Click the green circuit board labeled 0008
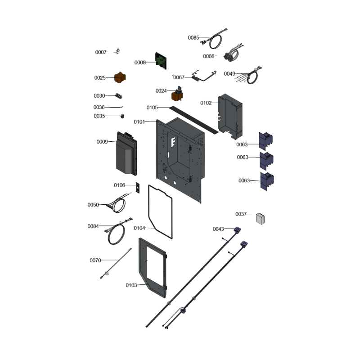point(161,61)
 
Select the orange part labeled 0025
point(120,77)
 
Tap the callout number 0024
point(161,91)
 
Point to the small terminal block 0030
point(119,96)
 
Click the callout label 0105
point(152,108)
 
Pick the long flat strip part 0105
point(194,120)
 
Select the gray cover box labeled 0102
point(230,117)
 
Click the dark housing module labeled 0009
point(126,153)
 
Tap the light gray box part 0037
point(260,219)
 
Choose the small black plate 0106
point(138,188)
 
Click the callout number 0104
point(139,228)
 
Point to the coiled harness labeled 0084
point(117,231)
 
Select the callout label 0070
point(95,261)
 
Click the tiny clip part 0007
point(118,51)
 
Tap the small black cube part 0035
point(122,116)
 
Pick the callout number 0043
point(218,229)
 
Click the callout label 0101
point(139,122)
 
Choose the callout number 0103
point(131,285)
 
